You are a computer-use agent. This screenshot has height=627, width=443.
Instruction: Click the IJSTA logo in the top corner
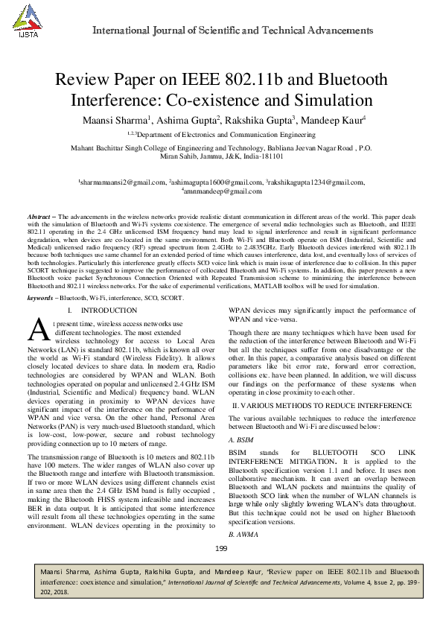click(x=28, y=22)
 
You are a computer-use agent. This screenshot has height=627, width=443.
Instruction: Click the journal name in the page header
click(x=232, y=31)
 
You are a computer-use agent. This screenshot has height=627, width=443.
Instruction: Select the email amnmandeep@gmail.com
click(x=221, y=191)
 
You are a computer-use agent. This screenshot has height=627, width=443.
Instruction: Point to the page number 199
click(x=221, y=549)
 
